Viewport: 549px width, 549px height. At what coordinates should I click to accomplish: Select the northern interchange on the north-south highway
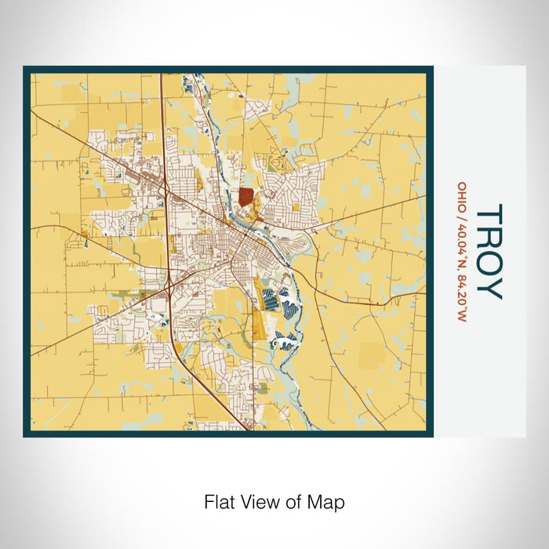pos(165,188)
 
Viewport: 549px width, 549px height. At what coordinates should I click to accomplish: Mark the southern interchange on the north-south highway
pos(170,287)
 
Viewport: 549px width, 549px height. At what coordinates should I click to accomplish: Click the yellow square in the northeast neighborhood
pos(296,208)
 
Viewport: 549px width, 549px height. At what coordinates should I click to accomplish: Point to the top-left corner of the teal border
pos(25,68)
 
